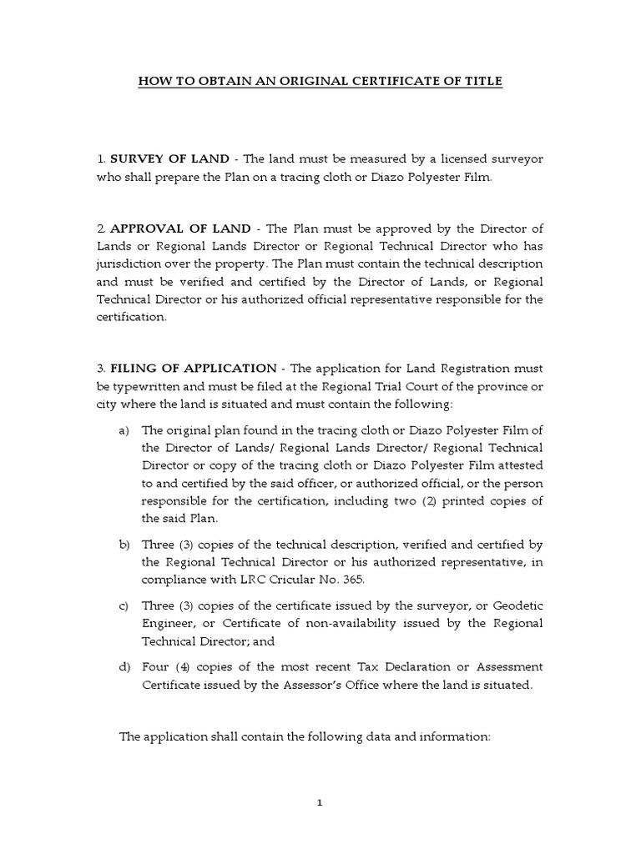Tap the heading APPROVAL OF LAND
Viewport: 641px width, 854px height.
point(181,229)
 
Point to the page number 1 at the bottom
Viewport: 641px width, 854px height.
point(320,803)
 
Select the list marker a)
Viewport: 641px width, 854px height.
point(124,430)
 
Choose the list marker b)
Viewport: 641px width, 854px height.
point(124,545)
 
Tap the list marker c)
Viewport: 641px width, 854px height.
point(124,605)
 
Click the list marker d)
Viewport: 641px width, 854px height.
point(124,666)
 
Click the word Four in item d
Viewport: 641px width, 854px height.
point(156,666)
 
